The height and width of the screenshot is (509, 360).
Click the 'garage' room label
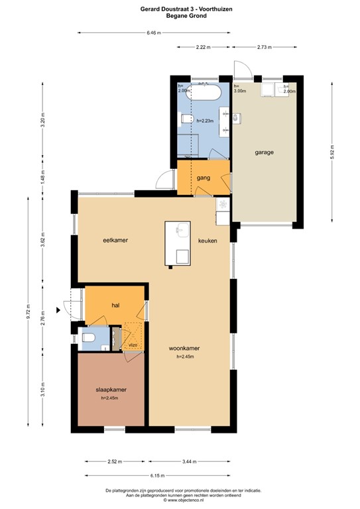tap(265, 152)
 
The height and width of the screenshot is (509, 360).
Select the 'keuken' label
tap(208, 241)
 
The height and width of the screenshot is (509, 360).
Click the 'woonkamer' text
tap(184, 348)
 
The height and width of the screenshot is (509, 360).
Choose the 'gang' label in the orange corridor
tap(203, 178)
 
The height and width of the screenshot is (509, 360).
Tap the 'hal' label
tap(115, 306)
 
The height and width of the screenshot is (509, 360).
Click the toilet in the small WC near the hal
tap(90, 339)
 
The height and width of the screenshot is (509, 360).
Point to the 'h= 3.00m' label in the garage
tap(240, 88)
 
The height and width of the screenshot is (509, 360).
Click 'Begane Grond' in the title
tap(180, 15)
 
